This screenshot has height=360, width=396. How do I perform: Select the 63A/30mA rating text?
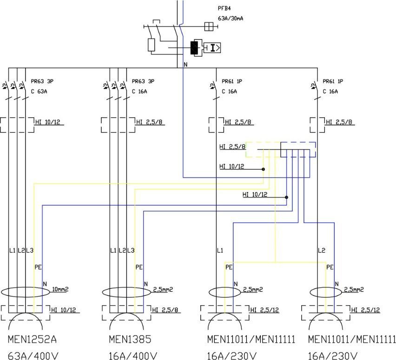tap(231, 18)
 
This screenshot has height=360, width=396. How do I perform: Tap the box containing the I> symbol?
tap(214, 47)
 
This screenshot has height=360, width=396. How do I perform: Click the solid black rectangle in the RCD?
tap(194, 47)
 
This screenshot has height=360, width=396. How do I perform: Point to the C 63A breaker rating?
tap(39, 91)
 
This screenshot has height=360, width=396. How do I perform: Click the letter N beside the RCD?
tap(185, 65)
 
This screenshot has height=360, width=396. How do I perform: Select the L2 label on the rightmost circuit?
tap(321, 250)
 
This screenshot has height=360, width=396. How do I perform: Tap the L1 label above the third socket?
tap(220, 250)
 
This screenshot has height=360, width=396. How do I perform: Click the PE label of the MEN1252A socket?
tap(38, 267)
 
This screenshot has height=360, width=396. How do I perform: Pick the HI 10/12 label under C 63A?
tap(48, 122)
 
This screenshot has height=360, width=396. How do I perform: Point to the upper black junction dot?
tap(263, 169)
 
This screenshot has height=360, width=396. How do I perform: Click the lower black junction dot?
tap(286, 197)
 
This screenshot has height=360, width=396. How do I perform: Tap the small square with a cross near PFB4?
tap(209, 27)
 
